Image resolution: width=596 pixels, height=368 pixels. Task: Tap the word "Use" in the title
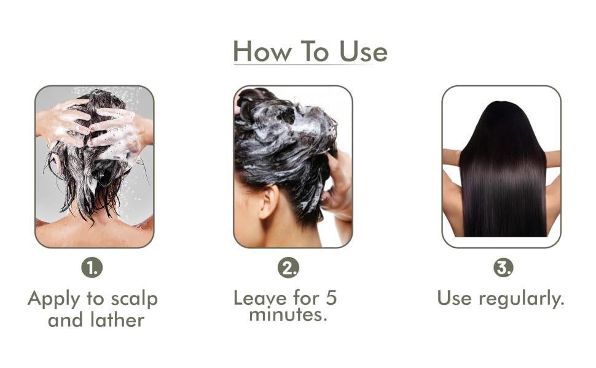363,52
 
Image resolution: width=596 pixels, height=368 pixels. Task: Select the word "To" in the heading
315,52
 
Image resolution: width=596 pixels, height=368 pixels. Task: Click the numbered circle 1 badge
92,267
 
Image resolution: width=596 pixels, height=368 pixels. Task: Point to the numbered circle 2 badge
288,267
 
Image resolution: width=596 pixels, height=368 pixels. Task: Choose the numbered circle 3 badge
503,267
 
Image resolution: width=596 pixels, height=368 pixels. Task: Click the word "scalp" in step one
134,299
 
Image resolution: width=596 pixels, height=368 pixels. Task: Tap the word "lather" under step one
117,320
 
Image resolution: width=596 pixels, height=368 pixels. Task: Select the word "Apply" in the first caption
53,299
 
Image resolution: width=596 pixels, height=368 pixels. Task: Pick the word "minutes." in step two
288,315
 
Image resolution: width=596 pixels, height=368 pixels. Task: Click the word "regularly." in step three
521,299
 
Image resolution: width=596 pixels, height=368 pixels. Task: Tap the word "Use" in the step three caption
455,298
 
